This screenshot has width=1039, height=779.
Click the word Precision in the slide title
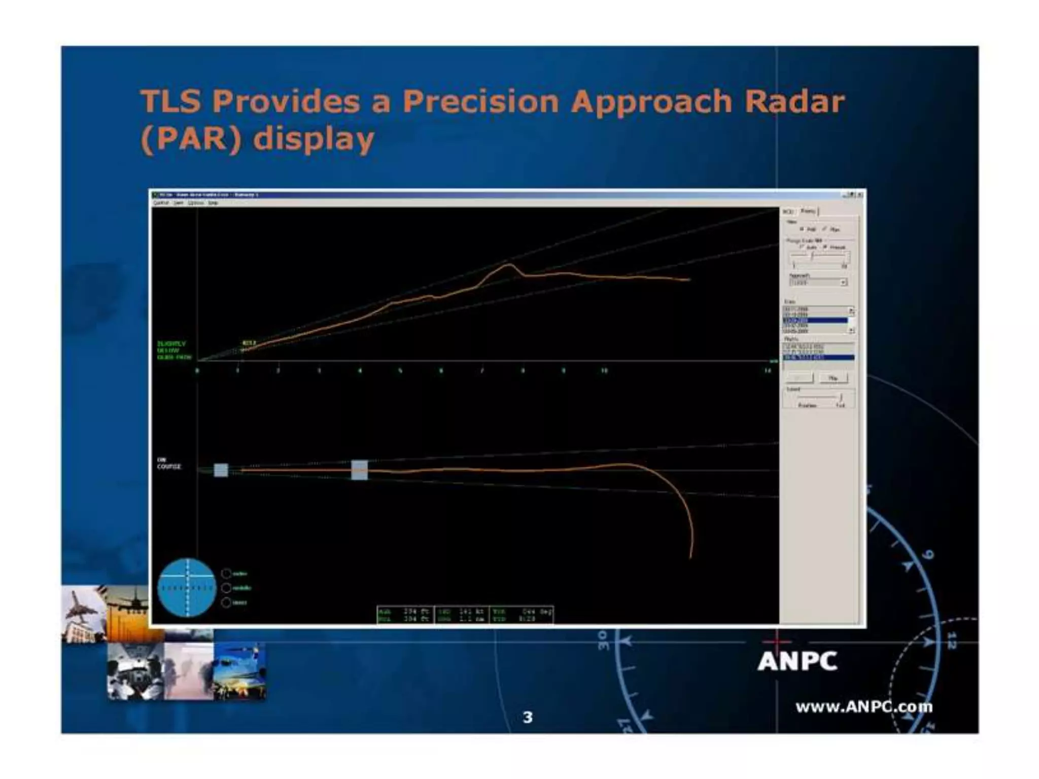click(480, 101)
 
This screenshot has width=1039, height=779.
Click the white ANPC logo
click(797, 661)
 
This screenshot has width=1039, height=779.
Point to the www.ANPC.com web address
click(863, 706)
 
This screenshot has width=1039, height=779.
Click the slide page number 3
click(528, 717)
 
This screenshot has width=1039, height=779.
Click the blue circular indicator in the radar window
click(187, 588)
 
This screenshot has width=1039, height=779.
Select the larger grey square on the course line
click(359, 470)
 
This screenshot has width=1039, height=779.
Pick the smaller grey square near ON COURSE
click(221, 470)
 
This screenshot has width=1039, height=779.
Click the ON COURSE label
click(168, 463)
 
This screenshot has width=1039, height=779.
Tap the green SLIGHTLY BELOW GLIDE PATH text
click(174, 350)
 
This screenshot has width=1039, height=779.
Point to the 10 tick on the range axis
click(604, 371)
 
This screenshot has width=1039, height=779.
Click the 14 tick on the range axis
click(768, 371)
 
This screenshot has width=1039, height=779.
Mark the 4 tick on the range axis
click(360, 371)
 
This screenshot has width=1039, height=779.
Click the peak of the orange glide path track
click(509, 265)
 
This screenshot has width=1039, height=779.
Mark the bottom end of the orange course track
click(691, 557)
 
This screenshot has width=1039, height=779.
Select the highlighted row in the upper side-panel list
click(815, 321)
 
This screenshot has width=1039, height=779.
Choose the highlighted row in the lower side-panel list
click(818, 358)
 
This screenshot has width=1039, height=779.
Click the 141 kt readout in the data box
click(466, 612)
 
